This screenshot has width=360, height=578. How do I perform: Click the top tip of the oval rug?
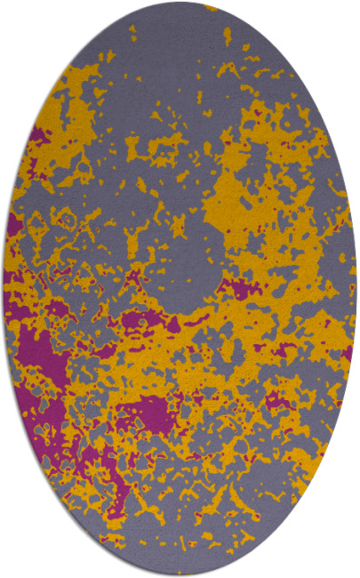[x=180, y=3]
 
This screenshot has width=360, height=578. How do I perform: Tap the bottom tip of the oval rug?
[x=180, y=574]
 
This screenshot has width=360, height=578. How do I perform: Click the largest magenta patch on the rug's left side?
[x=40, y=356]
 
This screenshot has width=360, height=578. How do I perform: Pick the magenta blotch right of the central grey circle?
[x=236, y=286]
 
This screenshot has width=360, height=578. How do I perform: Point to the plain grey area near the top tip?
[x=178, y=36]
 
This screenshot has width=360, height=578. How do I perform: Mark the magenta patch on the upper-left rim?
[x=37, y=138]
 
